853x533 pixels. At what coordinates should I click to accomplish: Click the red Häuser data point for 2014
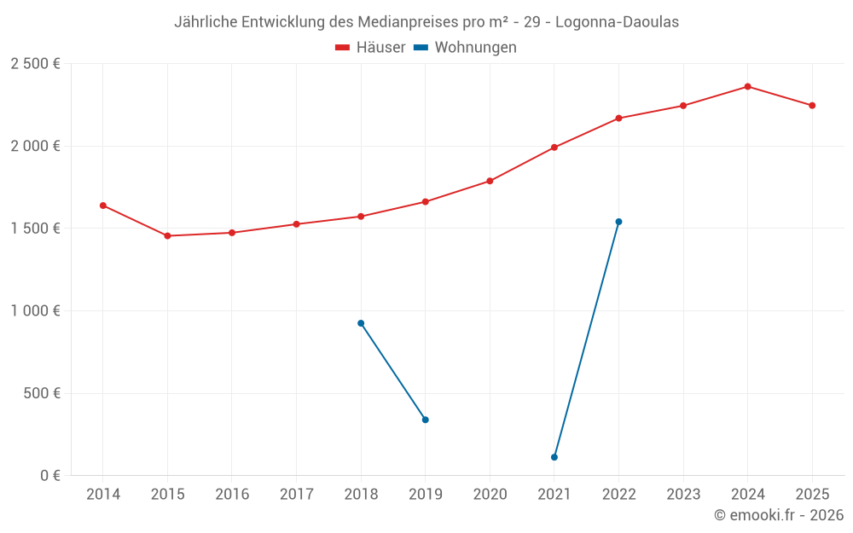point(103,206)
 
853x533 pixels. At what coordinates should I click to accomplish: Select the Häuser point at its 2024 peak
point(747,86)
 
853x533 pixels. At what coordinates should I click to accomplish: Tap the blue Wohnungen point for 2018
point(361,323)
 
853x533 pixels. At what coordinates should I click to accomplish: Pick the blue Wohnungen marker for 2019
point(426,420)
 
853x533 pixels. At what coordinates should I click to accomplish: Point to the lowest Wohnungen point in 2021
point(554,457)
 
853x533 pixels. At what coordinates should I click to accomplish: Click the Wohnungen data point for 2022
point(618,222)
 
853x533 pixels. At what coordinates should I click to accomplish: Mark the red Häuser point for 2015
point(167,236)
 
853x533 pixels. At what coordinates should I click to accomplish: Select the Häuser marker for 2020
point(490,181)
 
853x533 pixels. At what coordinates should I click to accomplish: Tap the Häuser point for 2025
point(812,106)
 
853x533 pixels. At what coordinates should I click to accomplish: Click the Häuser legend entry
point(371,48)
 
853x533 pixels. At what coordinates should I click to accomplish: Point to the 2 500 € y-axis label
point(35,64)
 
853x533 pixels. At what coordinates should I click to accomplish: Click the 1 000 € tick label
point(35,311)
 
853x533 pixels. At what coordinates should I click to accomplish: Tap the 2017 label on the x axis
point(296,495)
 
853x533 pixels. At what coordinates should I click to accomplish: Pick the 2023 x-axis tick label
point(683,495)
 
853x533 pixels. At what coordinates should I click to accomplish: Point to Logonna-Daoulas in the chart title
point(618,22)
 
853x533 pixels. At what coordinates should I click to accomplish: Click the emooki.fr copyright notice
point(778,515)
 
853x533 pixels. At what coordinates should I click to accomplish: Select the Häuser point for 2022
point(618,118)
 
